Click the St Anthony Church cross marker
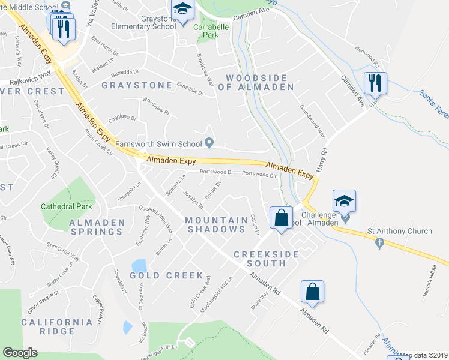pyautogui.click(x=379, y=244)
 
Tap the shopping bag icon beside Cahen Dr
pyautogui.click(x=281, y=218)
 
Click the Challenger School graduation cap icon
pyautogui.click(x=345, y=201)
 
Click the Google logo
pyautogui.click(x=20, y=353)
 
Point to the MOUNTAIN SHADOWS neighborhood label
pyautogui.click(x=216, y=224)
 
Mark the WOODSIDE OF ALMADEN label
pyautogui.click(x=259, y=82)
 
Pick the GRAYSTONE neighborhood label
pyautogui.click(x=128, y=85)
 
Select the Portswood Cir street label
pyautogui.click(x=259, y=175)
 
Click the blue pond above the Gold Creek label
pyautogui.click(x=139, y=265)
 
